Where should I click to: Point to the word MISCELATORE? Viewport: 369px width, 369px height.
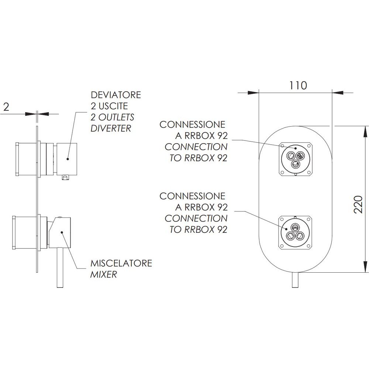click(x=121, y=263)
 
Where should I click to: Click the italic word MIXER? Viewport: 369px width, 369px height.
click(x=104, y=275)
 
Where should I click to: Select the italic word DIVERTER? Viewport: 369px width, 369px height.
click(x=111, y=128)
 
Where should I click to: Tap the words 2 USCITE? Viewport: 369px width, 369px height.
click(x=109, y=106)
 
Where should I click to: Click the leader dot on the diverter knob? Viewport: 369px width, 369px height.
click(x=68, y=159)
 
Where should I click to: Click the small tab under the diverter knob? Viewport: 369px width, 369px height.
click(x=65, y=178)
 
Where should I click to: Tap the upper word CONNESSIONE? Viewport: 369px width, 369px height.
click(x=192, y=124)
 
